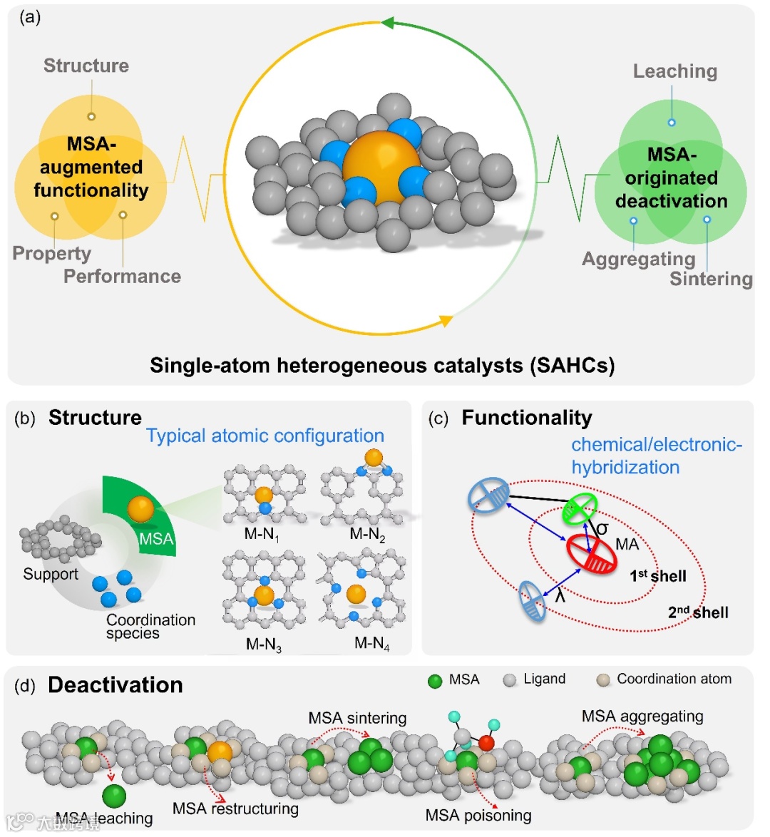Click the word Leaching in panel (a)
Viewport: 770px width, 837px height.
[674, 71]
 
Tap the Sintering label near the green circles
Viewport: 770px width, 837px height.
[711, 279]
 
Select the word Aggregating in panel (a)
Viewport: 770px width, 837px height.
[638, 259]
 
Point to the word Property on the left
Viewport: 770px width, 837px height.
[51, 254]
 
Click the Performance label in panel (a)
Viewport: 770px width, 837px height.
[122, 276]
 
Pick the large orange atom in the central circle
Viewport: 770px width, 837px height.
[381, 167]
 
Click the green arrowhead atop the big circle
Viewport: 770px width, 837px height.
[387, 23]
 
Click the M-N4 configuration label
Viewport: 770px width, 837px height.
[371, 644]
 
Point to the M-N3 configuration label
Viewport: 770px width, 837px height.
[263, 645]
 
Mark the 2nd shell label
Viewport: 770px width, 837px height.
[698, 612]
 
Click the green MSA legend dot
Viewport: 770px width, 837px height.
[435, 681]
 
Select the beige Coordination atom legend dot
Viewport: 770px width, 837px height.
[602, 681]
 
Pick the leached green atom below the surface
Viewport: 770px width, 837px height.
[114, 796]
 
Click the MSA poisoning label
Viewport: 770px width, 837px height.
[478, 815]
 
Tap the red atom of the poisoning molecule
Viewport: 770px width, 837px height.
[486, 743]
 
